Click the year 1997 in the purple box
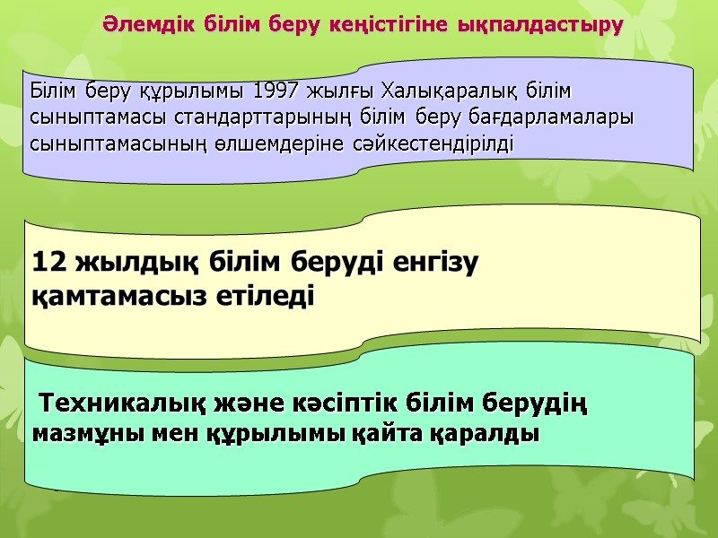276,92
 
